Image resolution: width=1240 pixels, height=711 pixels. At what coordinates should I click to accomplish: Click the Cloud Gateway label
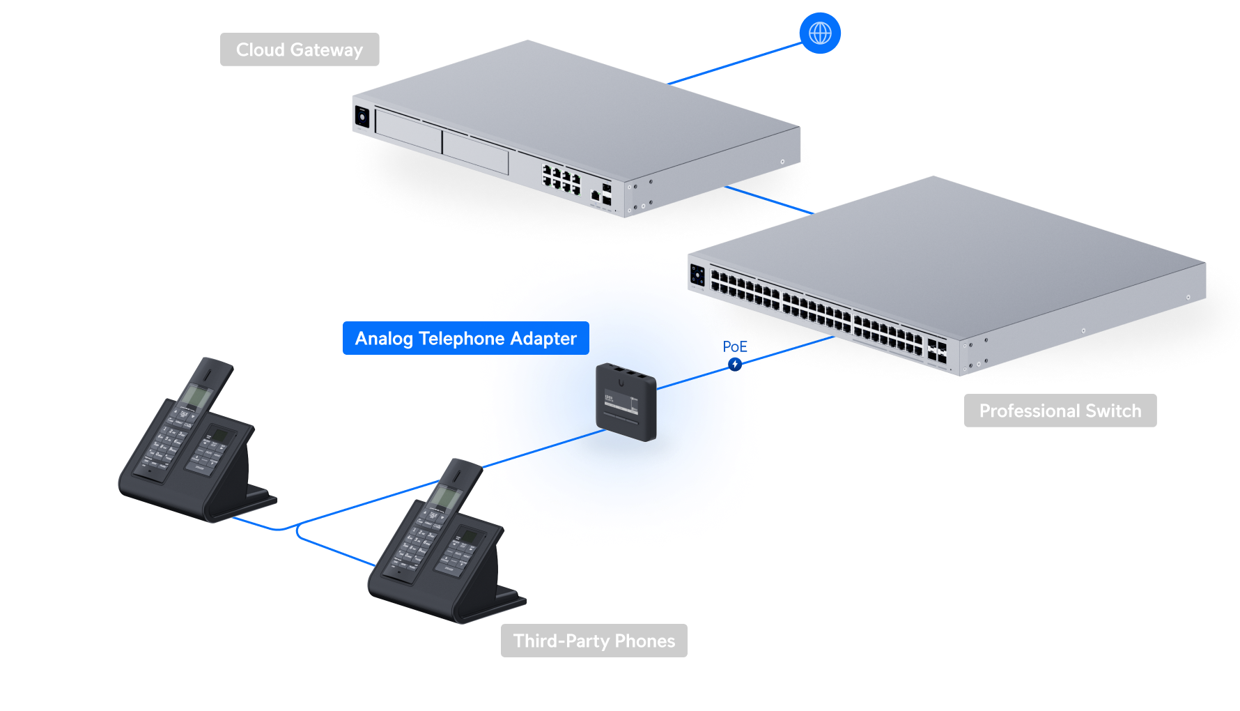coord(300,49)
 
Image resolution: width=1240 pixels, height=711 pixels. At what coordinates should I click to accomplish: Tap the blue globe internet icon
coord(820,33)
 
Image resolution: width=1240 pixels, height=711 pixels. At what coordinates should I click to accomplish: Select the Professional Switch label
coord(1060,411)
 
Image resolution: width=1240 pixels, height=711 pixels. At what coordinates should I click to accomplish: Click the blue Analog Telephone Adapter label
coord(465,338)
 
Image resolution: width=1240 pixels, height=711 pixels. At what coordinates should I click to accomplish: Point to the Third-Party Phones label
coord(594,641)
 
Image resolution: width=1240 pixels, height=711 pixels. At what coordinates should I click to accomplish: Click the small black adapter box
coord(626,403)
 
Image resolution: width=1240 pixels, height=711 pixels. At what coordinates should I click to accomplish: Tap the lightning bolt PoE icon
coord(735,364)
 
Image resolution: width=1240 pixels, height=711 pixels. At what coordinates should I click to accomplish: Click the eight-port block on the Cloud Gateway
coord(561,179)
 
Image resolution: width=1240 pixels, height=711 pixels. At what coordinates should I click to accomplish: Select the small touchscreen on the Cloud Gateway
coord(362,116)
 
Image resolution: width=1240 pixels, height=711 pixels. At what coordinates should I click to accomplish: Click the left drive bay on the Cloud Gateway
coord(408,131)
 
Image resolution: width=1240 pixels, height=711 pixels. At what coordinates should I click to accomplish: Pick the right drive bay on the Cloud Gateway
coord(476,152)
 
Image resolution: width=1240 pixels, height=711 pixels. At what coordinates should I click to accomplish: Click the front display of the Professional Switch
coord(697,275)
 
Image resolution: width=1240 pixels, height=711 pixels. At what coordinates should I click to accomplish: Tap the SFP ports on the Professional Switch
coord(936,350)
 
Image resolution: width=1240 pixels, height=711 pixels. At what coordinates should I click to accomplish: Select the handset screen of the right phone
coord(444,497)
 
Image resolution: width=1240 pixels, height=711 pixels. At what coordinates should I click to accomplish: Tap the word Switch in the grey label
coord(1115,411)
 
